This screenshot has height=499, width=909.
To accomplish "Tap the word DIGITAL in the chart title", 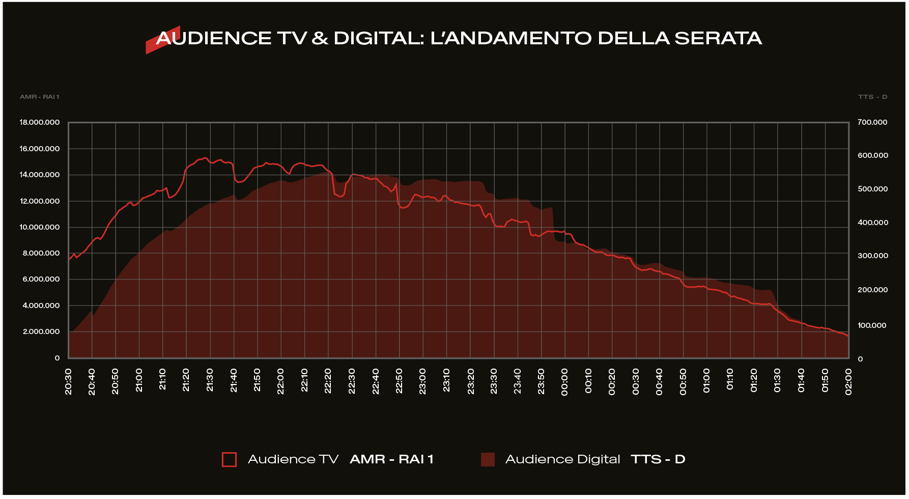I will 378,38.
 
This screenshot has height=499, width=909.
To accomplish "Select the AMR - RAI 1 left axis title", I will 40,97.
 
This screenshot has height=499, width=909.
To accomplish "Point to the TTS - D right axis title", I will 872,97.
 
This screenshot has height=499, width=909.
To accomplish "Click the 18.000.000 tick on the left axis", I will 40,122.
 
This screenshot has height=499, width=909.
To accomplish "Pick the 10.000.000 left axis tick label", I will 40,227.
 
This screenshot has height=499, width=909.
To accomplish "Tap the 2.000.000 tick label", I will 41,331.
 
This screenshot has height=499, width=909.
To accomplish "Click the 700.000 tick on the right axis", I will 872,122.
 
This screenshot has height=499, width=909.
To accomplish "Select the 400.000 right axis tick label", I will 873,223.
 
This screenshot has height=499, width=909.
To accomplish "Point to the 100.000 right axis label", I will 872,325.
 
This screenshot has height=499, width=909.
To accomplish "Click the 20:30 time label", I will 69,381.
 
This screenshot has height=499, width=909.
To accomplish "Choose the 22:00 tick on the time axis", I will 281,381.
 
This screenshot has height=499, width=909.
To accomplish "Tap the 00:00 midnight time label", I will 564,381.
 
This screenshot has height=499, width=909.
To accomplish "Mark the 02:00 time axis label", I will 848,381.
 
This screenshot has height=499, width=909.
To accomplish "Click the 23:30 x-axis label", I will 494,381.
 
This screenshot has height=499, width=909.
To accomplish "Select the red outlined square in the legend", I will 229,459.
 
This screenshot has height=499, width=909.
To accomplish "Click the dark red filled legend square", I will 488,459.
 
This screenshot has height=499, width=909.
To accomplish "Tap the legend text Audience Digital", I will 562,459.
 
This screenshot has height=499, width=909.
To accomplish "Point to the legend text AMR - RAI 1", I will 391,459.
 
